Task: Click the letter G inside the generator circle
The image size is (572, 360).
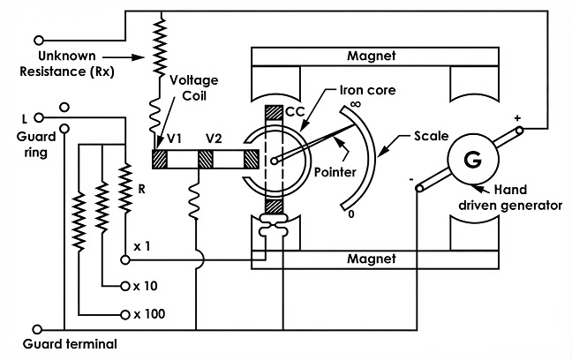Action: (x=473, y=160)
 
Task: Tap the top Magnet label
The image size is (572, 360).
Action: (x=371, y=56)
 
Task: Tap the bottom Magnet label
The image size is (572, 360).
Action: (x=371, y=259)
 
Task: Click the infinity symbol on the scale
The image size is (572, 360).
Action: (x=356, y=104)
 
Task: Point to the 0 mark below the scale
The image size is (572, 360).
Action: (x=351, y=214)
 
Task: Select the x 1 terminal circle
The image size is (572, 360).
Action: (x=125, y=259)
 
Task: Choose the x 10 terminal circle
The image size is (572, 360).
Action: (x=125, y=286)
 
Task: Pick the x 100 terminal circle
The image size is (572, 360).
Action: (x=125, y=314)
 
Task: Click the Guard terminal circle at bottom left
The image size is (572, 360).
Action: (x=38, y=330)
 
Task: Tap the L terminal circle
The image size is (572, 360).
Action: (x=39, y=118)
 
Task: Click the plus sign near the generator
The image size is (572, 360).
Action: (x=517, y=118)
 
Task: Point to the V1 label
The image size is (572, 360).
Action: (x=174, y=139)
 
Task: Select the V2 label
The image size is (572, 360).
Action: (x=214, y=139)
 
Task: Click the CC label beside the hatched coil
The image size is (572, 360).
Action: (x=295, y=111)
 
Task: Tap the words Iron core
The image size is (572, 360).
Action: (x=368, y=90)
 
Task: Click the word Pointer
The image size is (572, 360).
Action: (x=335, y=172)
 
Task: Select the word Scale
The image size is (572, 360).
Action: (x=431, y=136)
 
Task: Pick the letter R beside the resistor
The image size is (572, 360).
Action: (x=141, y=189)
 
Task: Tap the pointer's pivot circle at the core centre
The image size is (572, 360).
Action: (x=275, y=160)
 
